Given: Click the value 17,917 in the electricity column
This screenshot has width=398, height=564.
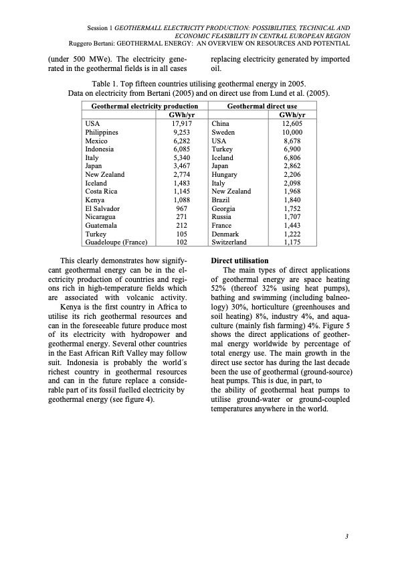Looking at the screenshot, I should coord(183,123).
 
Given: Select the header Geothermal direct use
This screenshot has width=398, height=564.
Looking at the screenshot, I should coord(262,106).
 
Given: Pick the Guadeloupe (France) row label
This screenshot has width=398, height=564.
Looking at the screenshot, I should coord(116,242).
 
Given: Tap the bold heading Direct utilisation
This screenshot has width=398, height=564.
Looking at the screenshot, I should coord(239,260).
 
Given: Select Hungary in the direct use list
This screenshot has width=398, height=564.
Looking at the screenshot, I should coord(225,174).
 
